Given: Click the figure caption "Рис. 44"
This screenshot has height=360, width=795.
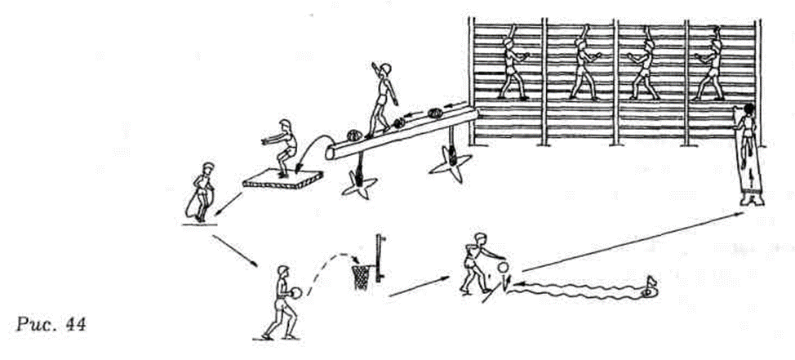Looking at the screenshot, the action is [51, 324].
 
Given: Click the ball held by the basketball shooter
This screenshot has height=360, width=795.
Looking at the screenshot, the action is [295, 292].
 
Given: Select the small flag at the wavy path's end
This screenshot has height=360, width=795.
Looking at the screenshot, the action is [650, 286].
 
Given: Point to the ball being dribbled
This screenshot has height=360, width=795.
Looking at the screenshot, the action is [503, 267].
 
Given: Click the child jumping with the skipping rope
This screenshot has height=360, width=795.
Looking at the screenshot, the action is [201, 193].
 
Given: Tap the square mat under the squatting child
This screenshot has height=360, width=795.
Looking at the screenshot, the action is [282, 179].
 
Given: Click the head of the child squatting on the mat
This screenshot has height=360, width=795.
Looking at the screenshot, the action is [286, 125].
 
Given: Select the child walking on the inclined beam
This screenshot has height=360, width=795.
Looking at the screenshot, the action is [381, 100].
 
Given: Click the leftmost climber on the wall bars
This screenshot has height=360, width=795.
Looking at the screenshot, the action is [511, 62].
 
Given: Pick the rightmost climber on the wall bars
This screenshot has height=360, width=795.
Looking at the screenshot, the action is [710, 62].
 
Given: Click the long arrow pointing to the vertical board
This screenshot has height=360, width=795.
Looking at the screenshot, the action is [633, 242].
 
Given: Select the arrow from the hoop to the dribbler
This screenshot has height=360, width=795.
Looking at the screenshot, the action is [420, 287].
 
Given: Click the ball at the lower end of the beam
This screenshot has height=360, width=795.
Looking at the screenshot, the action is [353, 135].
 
